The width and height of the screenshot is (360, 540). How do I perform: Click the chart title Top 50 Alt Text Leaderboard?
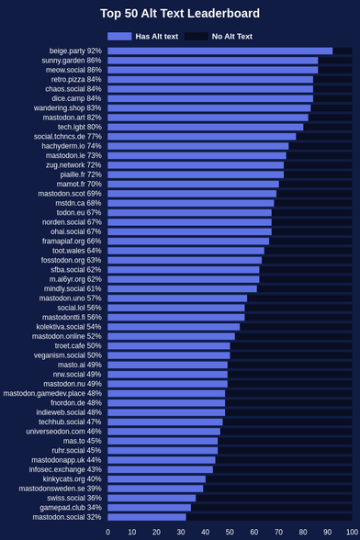180,14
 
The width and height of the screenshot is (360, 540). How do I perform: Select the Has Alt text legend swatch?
119,36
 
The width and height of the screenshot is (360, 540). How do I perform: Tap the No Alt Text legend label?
231,36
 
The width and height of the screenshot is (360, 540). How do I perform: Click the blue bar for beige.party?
220,51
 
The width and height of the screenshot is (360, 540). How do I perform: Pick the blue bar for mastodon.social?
147,517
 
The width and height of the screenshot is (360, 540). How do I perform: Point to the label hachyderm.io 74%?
72,146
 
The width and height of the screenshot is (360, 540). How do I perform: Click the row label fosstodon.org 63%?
72,260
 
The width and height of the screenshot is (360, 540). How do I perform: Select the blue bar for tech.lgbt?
206,127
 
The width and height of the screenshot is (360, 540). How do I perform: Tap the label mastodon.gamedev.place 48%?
52,393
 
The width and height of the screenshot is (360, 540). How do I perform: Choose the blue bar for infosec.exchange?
160,469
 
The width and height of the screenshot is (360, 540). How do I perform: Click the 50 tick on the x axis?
230,532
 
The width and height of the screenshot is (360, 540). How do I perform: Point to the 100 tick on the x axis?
352,532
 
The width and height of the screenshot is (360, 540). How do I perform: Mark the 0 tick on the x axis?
107,532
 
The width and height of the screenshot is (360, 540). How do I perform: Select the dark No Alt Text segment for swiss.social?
274,498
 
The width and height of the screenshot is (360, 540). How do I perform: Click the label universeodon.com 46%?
63,432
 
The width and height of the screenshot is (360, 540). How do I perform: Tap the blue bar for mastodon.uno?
177,298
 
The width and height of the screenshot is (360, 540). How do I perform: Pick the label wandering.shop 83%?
68,108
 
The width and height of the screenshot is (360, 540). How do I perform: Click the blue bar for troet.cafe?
169,345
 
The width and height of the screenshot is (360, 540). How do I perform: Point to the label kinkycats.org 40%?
72,478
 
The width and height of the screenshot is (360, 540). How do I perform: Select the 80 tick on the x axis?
303,532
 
